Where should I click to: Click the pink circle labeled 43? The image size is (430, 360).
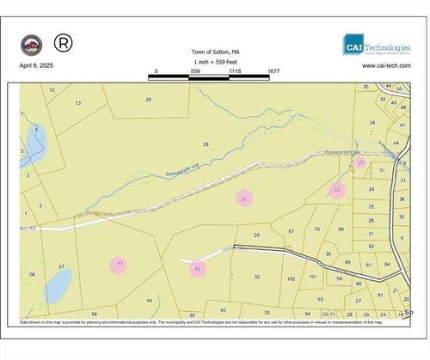(x=120, y=264)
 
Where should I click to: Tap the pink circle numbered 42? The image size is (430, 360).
(x=199, y=269)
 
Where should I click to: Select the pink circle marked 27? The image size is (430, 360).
(x=244, y=198)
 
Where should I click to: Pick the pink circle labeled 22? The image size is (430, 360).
(x=337, y=190)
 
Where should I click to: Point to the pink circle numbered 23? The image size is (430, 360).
(x=361, y=162)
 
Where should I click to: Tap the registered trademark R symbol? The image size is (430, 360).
(x=63, y=41)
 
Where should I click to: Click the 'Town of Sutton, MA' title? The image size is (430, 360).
(x=215, y=52)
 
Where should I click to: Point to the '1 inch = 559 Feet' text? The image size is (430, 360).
(x=215, y=62)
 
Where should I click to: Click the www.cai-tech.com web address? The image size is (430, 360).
(x=383, y=65)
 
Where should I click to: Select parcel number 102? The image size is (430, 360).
(x=291, y=278)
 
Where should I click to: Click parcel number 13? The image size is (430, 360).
(x=78, y=103)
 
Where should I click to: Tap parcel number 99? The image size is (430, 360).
(x=341, y=229)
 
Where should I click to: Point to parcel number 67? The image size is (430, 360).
(x=292, y=231)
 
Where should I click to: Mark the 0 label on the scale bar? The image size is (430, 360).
(x=156, y=71)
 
